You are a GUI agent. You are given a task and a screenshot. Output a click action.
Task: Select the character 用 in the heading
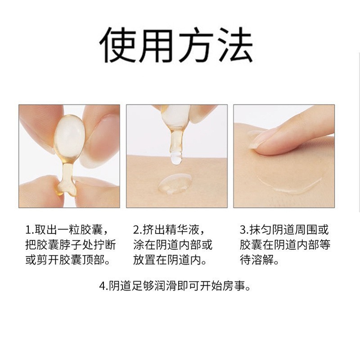(156, 45)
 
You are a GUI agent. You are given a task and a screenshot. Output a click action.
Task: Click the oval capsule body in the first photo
(69, 136)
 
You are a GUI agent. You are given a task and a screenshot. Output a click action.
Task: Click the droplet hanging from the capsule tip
(176, 158)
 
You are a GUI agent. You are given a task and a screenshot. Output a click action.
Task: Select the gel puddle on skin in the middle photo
(175, 184)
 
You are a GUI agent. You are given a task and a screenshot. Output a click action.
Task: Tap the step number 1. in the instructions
(30, 230)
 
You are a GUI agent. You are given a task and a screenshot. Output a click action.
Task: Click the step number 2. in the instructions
(138, 230)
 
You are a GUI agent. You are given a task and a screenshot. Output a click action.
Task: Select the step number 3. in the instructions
(244, 230)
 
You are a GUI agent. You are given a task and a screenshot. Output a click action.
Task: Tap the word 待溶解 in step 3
(256, 260)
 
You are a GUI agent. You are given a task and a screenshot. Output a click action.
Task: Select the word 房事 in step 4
(234, 286)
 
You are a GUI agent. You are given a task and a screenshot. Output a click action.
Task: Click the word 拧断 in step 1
(105, 245)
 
